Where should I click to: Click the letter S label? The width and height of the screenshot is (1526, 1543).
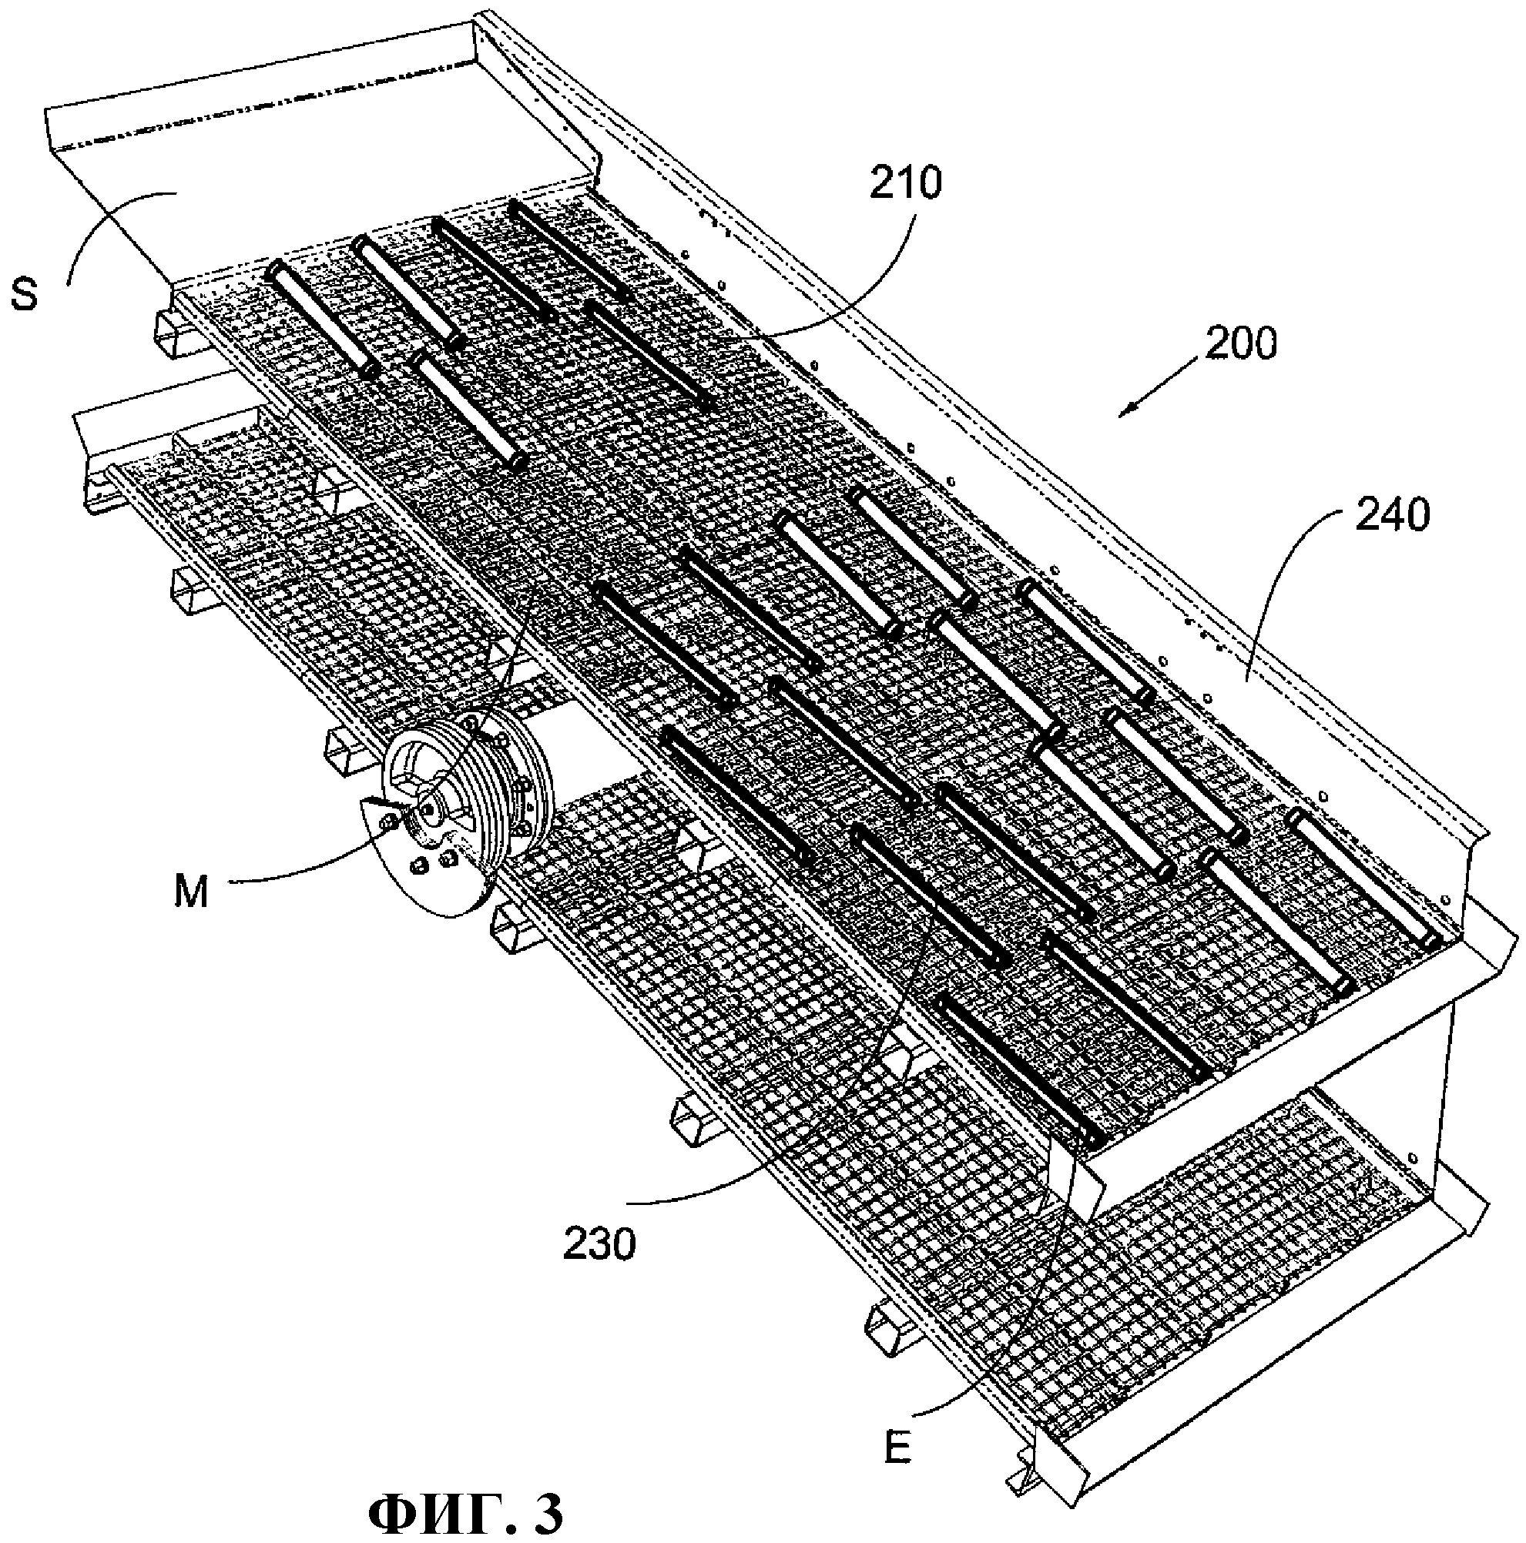[25, 293]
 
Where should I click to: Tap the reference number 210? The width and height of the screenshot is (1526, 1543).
[905, 183]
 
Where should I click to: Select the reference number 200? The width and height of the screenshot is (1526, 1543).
[1242, 343]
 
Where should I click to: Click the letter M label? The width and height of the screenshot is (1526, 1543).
[191, 892]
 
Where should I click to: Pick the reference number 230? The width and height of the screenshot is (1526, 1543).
[599, 1243]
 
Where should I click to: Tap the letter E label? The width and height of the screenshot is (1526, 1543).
[898, 1445]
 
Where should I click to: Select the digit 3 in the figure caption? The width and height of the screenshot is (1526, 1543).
[547, 1511]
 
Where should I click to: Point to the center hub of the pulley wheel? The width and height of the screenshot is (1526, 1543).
[431, 808]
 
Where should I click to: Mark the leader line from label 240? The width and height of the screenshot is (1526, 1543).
[1278, 575]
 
